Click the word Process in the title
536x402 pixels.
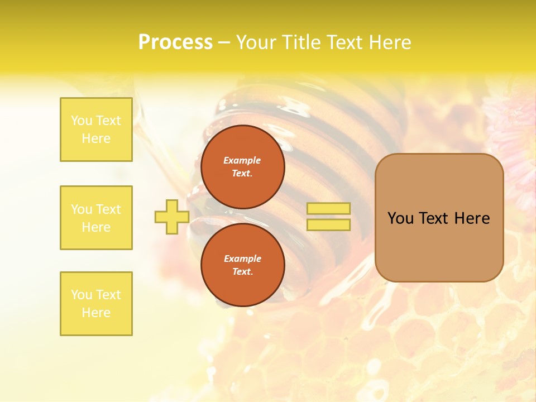(x=175, y=42)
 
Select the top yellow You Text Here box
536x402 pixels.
(x=96, y=130)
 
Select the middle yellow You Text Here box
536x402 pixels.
(x=96, y=218)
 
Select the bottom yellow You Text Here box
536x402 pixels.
(x=96, y=304)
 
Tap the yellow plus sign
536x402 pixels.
(x=171, y=217)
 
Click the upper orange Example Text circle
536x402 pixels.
(x=243, y=167)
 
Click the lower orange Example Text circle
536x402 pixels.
(x=243, y=265)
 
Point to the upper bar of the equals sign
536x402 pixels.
(x=329, y=209)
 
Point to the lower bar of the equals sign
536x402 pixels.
(x=329, y=225)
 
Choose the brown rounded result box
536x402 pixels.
(x=439, y=218)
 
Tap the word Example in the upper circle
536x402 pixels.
(x=242, y=160)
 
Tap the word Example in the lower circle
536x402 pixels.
(x=242, y=259)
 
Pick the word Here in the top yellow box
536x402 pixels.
(x=96, y=138)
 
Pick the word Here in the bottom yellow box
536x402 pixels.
(x=96, y=313)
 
